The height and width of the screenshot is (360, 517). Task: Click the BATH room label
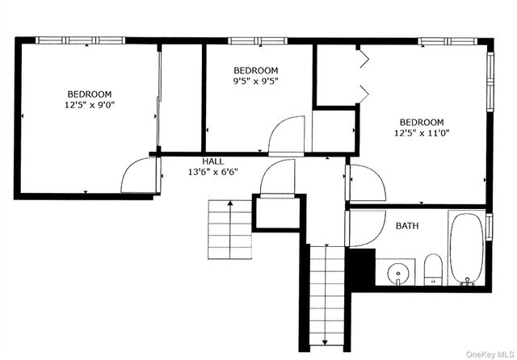(407, 226)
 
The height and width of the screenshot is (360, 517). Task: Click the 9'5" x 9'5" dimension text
(255, 81)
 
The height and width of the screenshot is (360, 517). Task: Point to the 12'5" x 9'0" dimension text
(90, 105)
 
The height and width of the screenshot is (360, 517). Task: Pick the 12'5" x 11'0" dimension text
(421, 133)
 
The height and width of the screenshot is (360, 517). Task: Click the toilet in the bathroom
(433, 270)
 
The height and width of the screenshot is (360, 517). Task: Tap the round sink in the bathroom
(397, 274)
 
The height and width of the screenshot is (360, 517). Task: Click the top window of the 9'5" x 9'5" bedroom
(251, 40)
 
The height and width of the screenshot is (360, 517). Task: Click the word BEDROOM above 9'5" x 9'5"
(255, 70)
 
